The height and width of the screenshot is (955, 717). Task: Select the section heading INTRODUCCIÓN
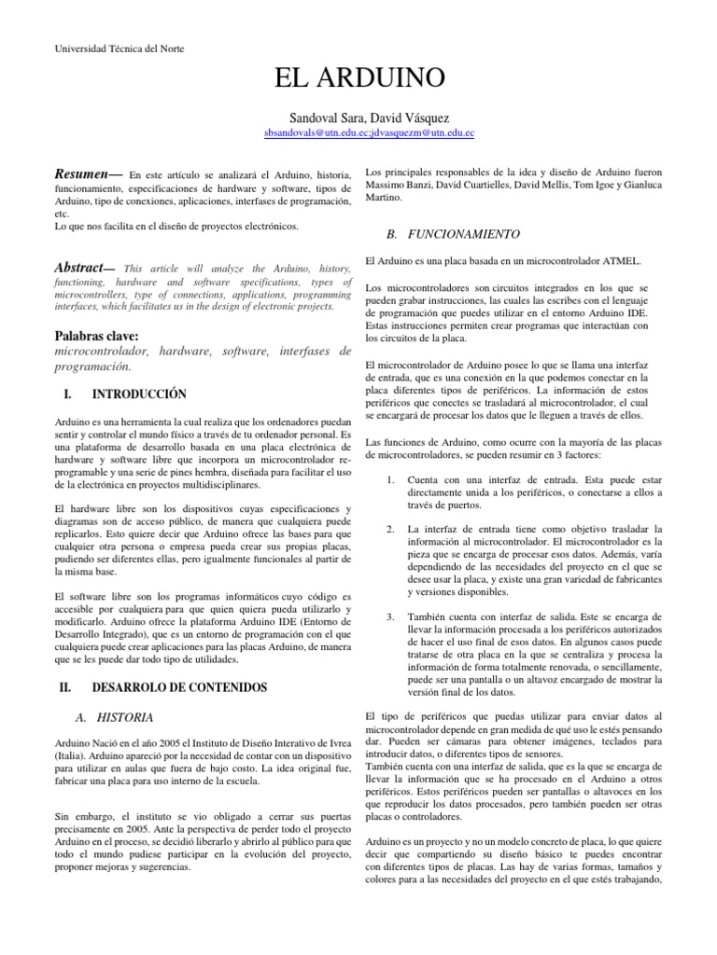(x=139, y=394)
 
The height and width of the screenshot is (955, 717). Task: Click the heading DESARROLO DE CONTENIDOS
(x=179, y=687)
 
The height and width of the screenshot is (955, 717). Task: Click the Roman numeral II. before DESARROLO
(x=65, y=687)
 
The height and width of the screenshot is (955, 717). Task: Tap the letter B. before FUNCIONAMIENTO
(x=391, y=233)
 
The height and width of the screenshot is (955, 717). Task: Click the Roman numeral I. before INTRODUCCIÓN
(x=63, y=394)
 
